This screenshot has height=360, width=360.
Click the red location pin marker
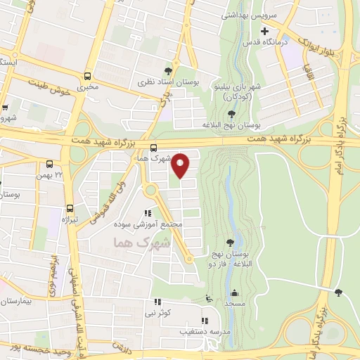pyautogui.click(x=181, y=166)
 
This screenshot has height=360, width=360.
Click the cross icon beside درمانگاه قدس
pyautogui.click(x=264, y=32)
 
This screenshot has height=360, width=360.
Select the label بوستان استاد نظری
pyautogui.click(x=168, y=82)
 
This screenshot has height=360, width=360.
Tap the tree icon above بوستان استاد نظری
pyautogui.click(x=168, y=71)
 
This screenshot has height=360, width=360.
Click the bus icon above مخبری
pyautogui.click(x=87, y=76)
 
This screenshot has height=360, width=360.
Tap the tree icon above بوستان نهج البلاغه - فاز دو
pyautogui.click(x=231, y=243)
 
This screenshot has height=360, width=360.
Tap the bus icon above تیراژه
pyautogui.click(x=70, y=208)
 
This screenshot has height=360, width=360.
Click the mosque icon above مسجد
pyautogui.click(x=233, y=294)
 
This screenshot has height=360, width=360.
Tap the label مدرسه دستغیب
pyautogui.click(x=203, y=330)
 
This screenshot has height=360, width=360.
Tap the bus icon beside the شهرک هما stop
pyautogui.click(x=153, y=148)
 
